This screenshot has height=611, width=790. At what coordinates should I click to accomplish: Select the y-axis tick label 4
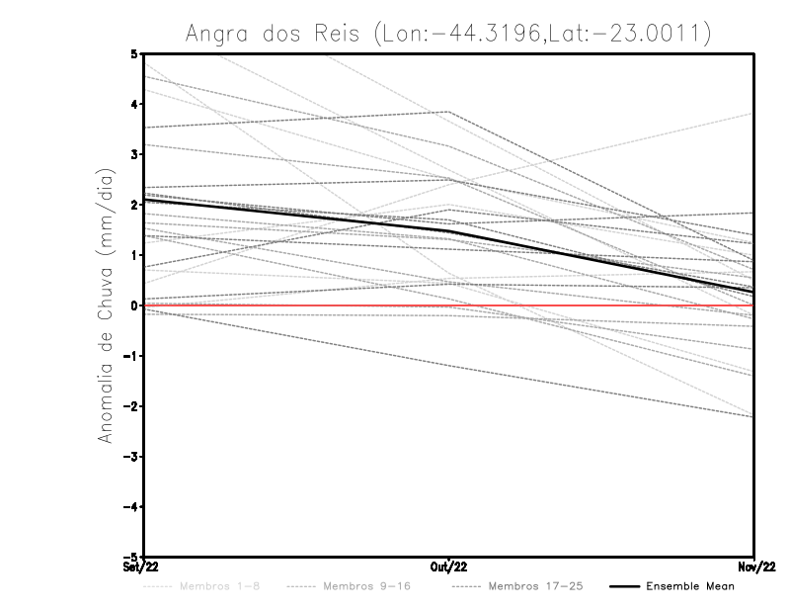[134, 104]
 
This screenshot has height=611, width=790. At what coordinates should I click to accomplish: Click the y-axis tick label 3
[134, 154]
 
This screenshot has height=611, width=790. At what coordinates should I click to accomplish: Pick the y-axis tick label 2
[134, 205]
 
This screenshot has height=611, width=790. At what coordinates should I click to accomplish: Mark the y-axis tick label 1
[134, 255]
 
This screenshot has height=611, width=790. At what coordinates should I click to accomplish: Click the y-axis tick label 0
[134, 305]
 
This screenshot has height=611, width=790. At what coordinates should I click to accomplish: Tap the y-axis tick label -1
[131, 356]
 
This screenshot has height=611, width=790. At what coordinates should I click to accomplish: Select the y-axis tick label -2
[131, 406]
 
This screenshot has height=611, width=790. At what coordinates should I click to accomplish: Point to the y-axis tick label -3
[131, 457]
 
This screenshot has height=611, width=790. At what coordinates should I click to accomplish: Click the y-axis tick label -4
[131, 507]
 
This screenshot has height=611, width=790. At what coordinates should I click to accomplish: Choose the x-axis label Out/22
[449, 567]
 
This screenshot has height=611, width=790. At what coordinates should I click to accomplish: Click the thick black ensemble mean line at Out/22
[449, 231]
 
